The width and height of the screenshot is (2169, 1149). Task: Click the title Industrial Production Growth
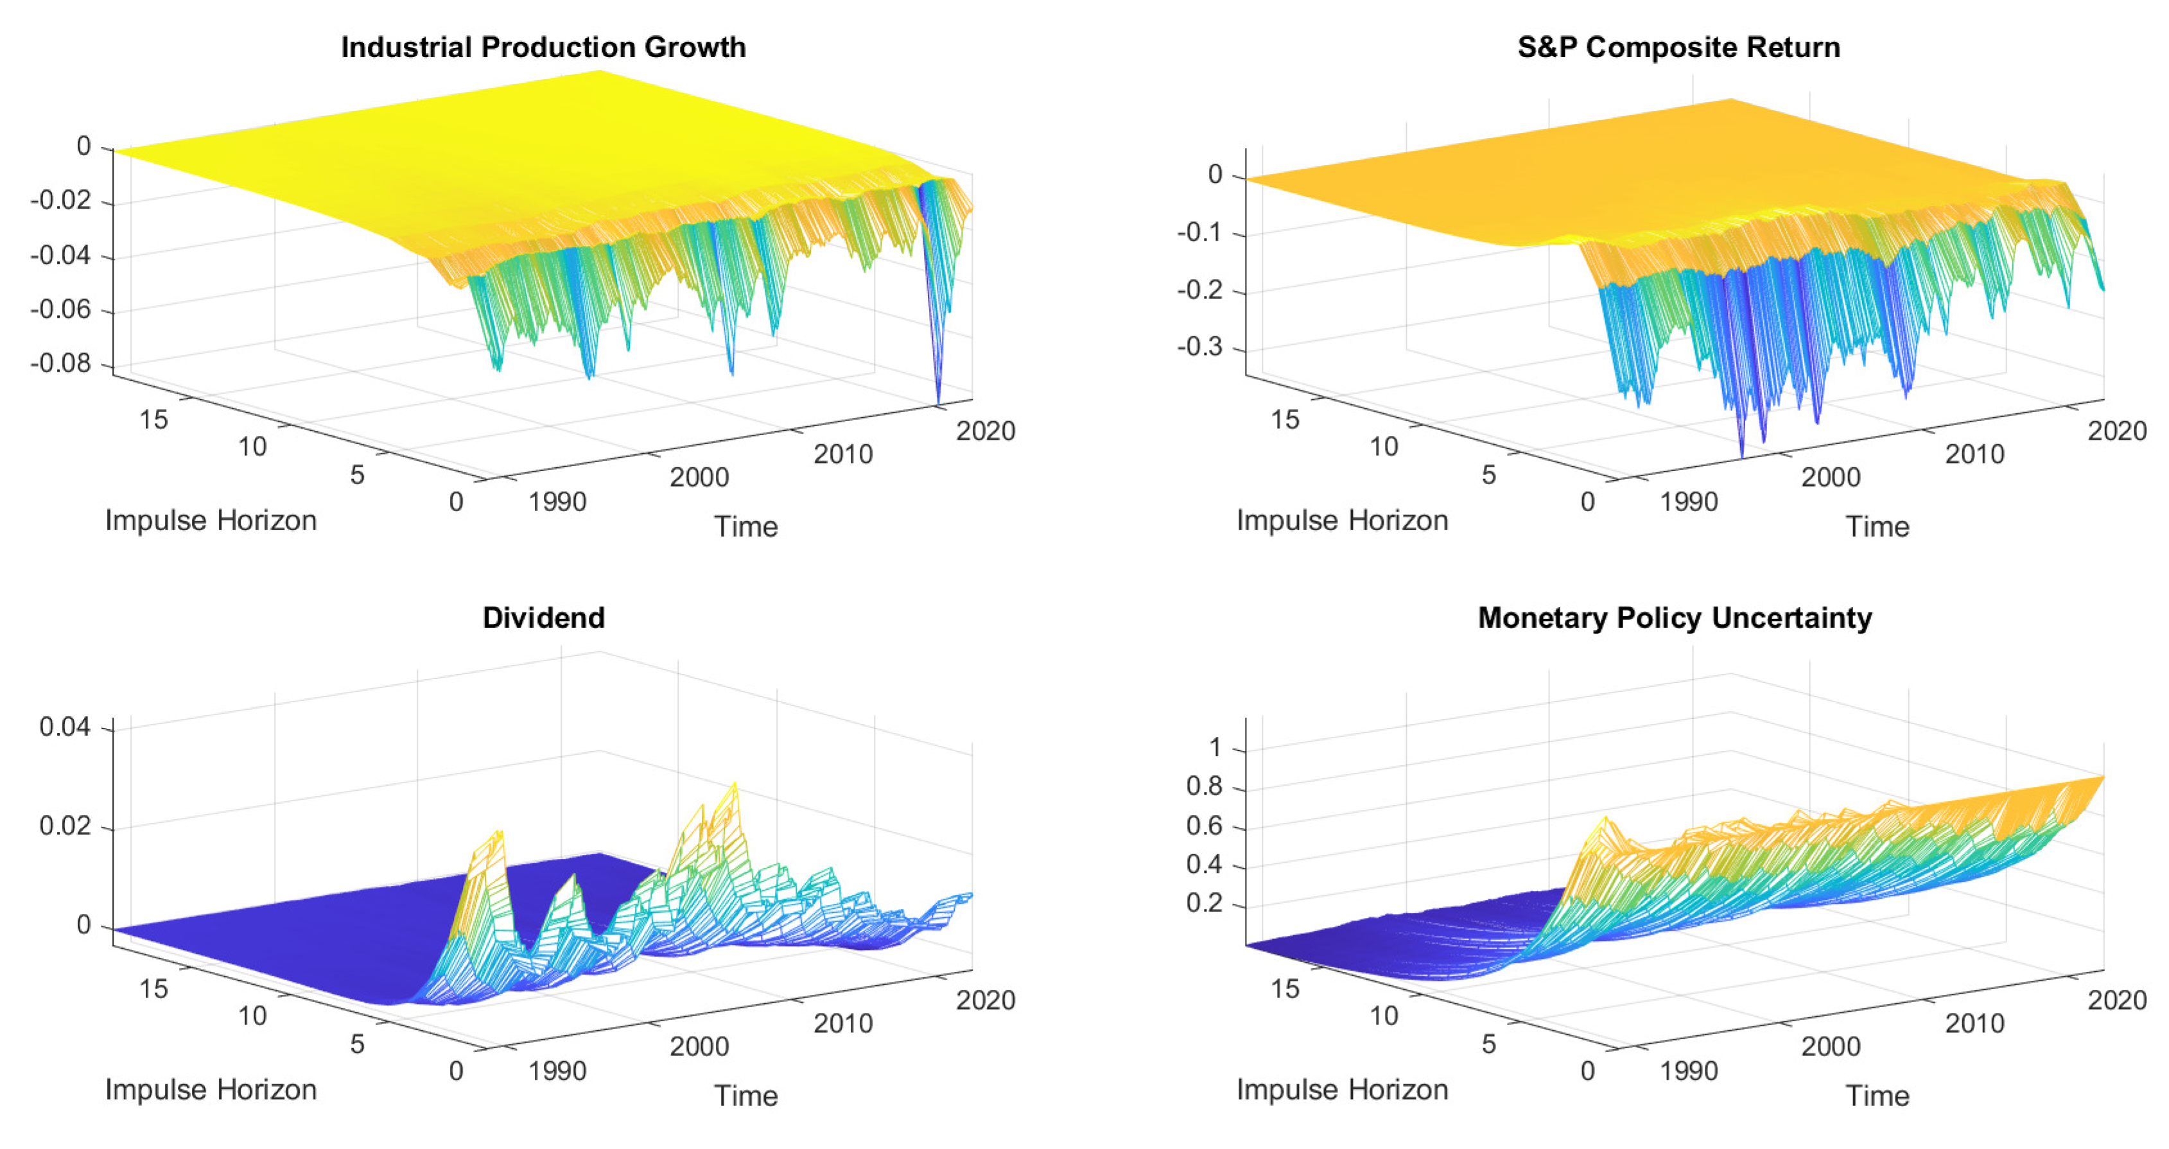(543, 47)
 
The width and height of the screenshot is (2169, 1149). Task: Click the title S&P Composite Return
(1678, 47)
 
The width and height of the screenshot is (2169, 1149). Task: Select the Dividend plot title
(543, 618)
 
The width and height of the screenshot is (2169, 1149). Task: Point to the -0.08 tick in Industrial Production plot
(60, 364)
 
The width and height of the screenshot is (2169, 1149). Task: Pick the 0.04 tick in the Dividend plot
(65, 727)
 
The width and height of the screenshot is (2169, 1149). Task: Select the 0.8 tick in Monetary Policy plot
(1203, 786)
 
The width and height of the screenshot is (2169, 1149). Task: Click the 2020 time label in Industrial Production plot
(985, 431)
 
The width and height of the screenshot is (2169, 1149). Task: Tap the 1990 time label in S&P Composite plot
(1688, 503)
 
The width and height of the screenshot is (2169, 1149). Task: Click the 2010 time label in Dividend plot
(843, 1024)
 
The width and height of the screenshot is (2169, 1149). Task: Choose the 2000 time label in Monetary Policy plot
(1831, 1047)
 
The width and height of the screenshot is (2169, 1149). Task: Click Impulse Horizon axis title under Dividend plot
(211, 1089)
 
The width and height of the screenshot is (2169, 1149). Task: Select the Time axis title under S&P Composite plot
(1877, 527)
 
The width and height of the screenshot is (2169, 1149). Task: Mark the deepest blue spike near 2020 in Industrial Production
(938, 399)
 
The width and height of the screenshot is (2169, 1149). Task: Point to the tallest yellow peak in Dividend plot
(735, 784)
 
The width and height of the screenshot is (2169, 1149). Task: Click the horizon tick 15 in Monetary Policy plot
(1285, 989)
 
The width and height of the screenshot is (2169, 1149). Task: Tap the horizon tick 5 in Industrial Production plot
(357, 475)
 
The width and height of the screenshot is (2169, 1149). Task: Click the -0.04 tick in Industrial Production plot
(60, 255)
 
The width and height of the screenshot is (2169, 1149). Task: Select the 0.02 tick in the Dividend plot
(65, 825)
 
